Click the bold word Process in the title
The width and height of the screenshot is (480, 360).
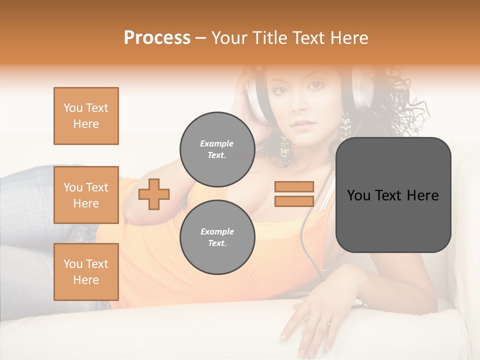(x=157, y=37)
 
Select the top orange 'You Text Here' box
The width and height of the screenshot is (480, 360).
(x=86, y=116)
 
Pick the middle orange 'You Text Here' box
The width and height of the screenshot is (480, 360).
(x=86, y=195)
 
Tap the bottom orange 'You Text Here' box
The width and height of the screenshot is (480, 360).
(x=86, y=272)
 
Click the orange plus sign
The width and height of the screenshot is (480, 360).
(x=154, y=194)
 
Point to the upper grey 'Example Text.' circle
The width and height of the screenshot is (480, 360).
(x=217, y=149)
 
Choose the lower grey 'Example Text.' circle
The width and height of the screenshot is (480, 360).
(x=217, y=237)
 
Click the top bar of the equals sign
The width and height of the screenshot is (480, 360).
(x=294, y=186)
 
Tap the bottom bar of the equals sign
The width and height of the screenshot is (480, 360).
(x=294, y=201)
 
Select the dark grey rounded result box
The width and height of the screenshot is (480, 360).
(x=393, y=195)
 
